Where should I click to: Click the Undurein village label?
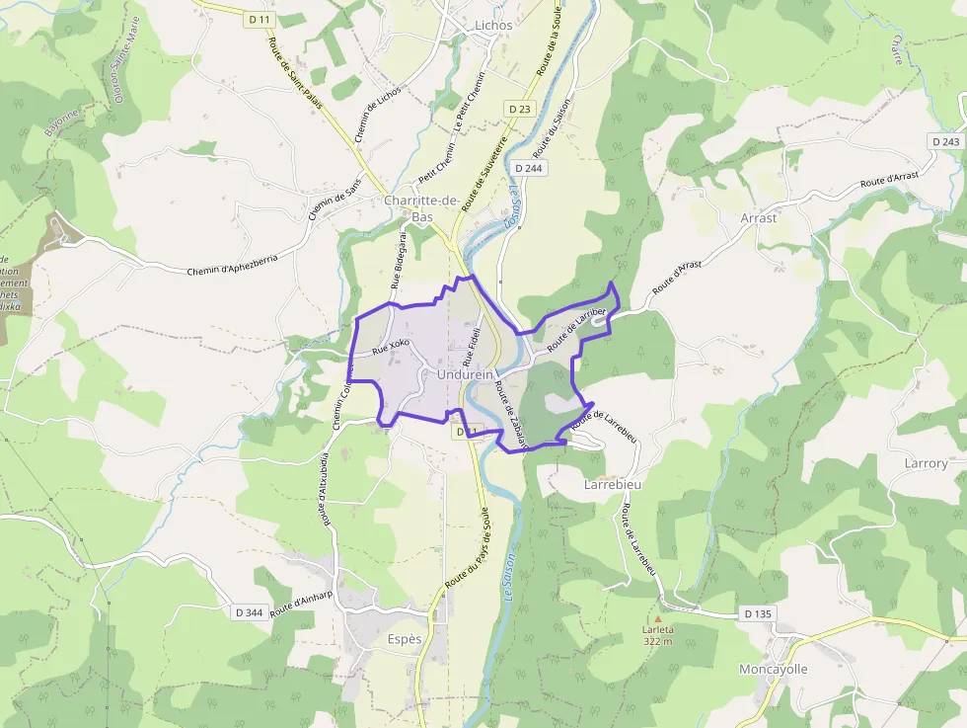pyautogui.click(x=458, y=375)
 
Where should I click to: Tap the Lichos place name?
pyautogui.click(x=493, y=25)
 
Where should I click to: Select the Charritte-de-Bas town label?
pyautogui.click(x=422, y=208)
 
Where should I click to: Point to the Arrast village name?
pyautogui.click(x=759, y=217)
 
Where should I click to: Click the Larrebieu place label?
pyautogui.click(x=613, y=485)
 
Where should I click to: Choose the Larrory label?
pyautogui.click(x=926, y=462)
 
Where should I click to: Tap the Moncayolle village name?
pyautogui.click(x=774, y=669)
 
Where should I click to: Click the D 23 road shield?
pyautogui.click(x=520, y=108)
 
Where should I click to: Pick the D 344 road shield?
pyautogui.click(x=250, y=612)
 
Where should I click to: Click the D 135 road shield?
pyautogui.click(x=758, y=613)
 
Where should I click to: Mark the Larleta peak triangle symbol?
pyautogui.click(x=657, y=620)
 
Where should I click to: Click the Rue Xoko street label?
pyautogui.click(x=391, y=347)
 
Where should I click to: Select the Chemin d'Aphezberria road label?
pyautogui.click(x=233, y=264)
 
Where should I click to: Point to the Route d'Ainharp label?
pyautogui.click(x=300, y=602)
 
